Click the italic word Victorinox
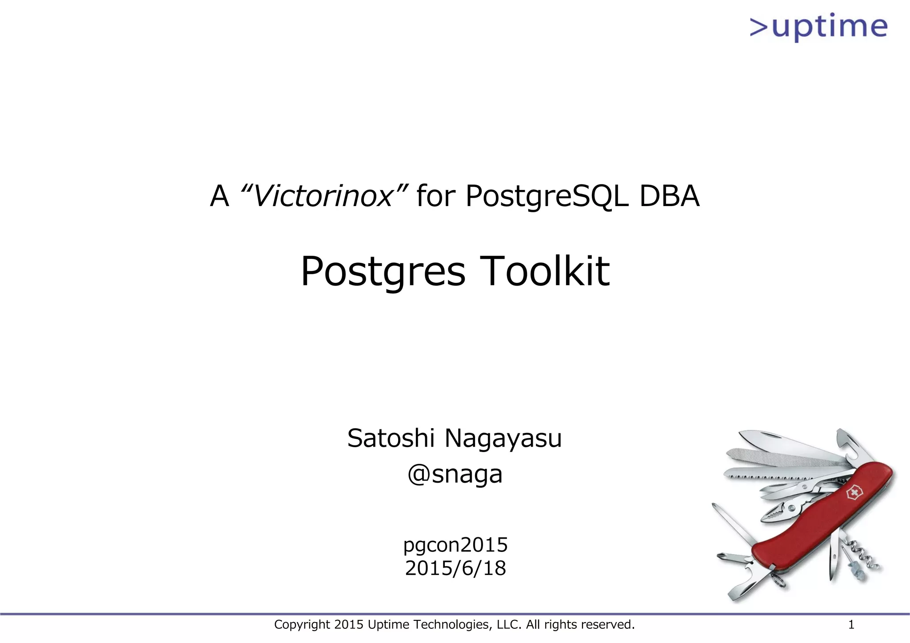pyautogui.click(x=323, y=196)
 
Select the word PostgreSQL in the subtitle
pyautogui.click(x=547, y=196)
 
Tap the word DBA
pyautogui.click(x=669, y=196)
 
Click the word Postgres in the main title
pyautogui.click(x=383, y=271)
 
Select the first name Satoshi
pyautogui.click(x=391, y=438)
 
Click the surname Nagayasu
pyautogui.click(x=503, y=439)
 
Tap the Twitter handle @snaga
pyautogui.click(x=455, y=474)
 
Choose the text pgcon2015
pyautogui.click(x=455, y=545)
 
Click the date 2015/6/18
pyautogui.click(x=455, y=568)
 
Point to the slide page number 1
pyautogui.click(x=851, y=625)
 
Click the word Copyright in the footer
pyautogui.click(x=302, y=625)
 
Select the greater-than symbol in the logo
pyautogui.click(x=759, y=27)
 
